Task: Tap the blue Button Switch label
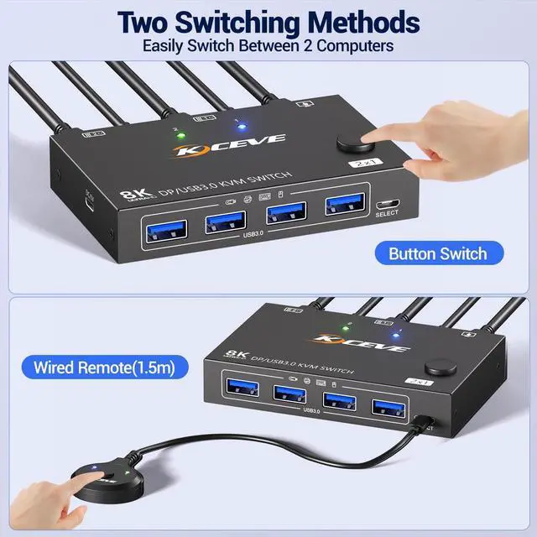(438, 252)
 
